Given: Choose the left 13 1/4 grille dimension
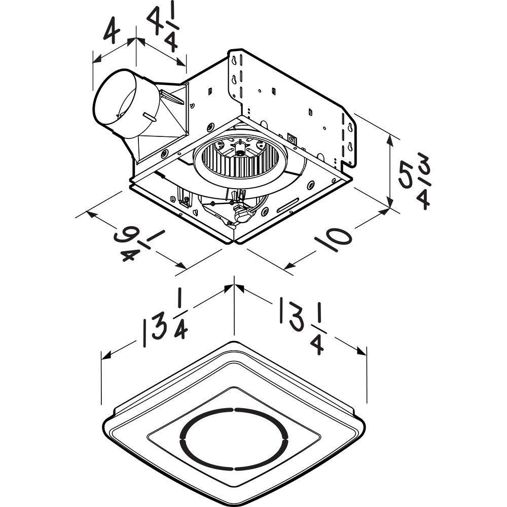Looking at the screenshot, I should pos(165,322).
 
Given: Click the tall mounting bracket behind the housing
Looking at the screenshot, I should pos(294,96).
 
